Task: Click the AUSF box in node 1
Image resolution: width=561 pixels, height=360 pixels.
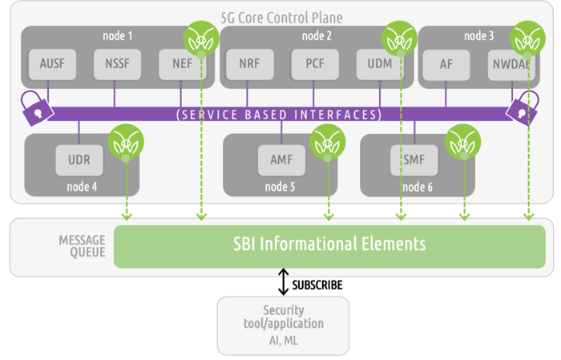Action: [52, 64]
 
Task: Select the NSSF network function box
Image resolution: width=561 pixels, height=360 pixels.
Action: [117, 64]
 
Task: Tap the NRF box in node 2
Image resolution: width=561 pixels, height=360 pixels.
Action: [250, 64]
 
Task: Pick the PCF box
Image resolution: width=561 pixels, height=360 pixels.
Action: [315, 64]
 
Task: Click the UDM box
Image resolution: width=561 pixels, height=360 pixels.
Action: [380, 64]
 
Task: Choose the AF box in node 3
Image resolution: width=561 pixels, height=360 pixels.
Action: [446, 65]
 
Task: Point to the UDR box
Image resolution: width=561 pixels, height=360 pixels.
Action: [79, 160]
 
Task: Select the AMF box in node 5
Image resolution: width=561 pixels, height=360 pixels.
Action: [282, 160]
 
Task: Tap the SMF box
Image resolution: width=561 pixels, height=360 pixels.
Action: [414, 160]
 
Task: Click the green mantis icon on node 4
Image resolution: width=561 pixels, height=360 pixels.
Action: [126, 142]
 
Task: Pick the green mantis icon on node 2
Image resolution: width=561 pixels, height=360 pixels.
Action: [399, 38]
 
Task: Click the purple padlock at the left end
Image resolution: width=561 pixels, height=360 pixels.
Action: [36, 108]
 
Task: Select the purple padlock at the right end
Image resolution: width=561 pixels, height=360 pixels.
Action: [523, 108]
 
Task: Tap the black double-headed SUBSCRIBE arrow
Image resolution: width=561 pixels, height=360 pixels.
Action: [284, 282]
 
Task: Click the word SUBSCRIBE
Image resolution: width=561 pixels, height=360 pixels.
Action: [317, 285]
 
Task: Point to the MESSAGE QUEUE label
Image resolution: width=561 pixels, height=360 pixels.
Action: [82, 246]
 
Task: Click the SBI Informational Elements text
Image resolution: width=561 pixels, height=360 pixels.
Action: [329, 244]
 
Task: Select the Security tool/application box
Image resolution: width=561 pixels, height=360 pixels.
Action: [284, 326]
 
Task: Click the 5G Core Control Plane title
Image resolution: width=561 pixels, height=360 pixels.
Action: [281, 18]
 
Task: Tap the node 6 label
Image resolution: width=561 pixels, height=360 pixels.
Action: [418, 187]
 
